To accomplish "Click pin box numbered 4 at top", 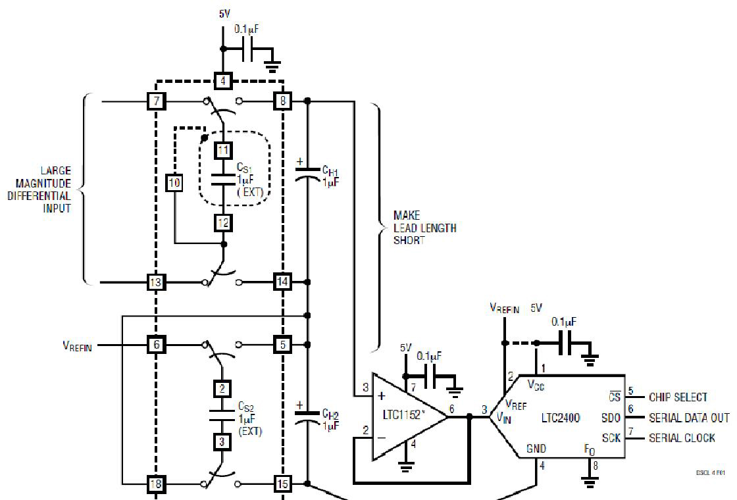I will (223, 82).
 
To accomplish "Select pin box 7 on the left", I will (156, 101).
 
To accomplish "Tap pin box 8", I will (282, 101).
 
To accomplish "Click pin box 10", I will (174, 183).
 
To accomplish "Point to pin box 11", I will (223, 149).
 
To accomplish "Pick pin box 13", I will (156, 282).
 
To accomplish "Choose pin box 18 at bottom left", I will (156, 484).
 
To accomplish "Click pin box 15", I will (282, 484).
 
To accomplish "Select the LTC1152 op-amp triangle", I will (401, 416).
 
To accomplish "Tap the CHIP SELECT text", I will (678, 397).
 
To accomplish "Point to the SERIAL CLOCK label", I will (682, 438).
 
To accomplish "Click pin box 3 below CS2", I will (223, 441).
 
